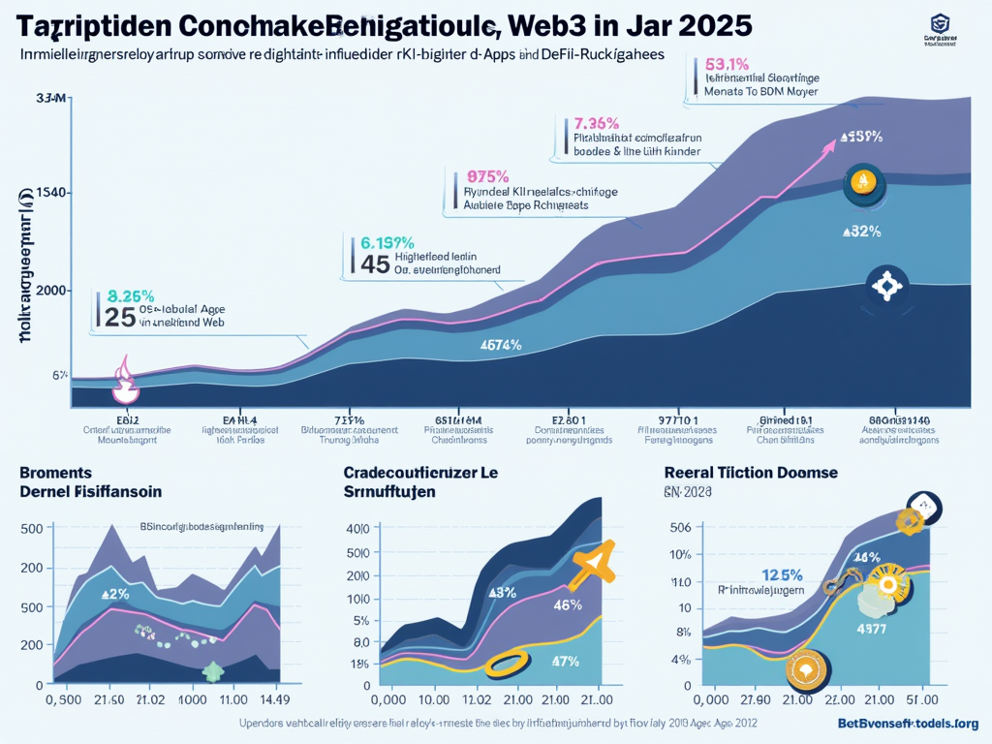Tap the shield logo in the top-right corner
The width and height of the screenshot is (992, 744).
(939, 24)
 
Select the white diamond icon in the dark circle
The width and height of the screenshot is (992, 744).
(885, 287)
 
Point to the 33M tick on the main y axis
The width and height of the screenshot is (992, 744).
(49, 99)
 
